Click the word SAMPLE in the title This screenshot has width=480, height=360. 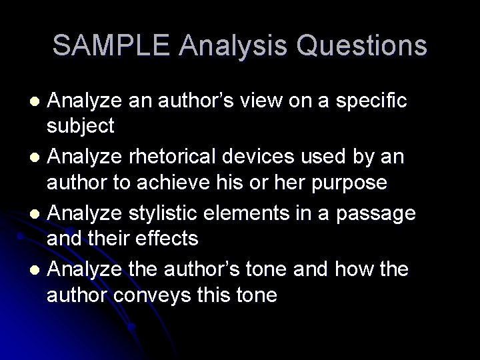click(x=113, y=45)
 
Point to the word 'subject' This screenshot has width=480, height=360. click(x=81, y=125)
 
